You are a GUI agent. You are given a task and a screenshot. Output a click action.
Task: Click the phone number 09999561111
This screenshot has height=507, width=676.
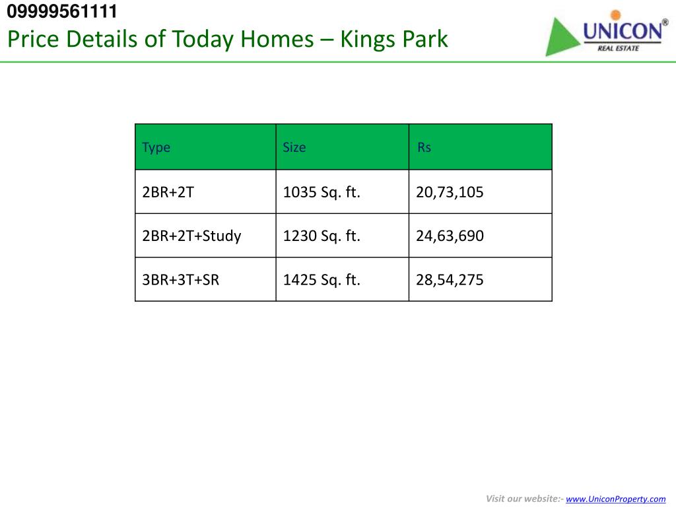63,11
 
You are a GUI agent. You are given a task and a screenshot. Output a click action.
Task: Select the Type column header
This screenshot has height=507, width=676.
156,147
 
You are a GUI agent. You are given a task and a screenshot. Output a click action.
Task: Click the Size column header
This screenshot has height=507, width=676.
294,147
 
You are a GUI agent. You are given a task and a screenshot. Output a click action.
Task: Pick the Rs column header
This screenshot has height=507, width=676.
424,147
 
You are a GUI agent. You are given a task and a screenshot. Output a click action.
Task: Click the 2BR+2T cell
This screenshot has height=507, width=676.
168,192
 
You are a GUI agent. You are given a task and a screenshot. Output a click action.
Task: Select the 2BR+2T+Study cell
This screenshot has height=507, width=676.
191,236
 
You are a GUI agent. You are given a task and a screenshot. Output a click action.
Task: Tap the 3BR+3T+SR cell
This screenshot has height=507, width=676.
180,279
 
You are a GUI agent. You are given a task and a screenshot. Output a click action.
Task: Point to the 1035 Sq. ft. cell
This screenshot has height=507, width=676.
321,192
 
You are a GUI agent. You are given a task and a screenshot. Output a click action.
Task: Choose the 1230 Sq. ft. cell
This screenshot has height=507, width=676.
321,236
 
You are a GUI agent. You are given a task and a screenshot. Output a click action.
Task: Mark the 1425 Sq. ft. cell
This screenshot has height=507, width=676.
321,279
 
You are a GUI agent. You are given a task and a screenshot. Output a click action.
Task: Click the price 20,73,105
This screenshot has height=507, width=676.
450,192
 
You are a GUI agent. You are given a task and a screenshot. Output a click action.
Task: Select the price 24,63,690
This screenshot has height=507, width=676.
450,236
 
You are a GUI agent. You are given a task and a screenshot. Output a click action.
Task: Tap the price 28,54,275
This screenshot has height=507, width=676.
450,279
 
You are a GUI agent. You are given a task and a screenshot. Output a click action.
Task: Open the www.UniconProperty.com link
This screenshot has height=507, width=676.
616,499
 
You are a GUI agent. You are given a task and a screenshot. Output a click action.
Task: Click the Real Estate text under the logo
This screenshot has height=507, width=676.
618,48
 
